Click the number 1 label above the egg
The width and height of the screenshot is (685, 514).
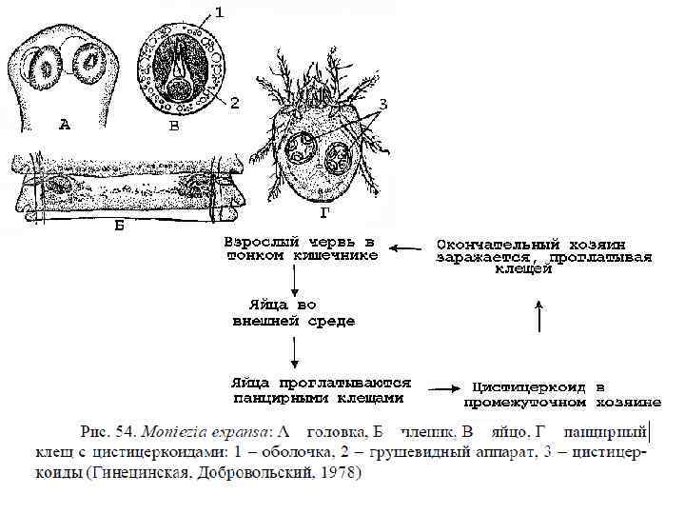220,12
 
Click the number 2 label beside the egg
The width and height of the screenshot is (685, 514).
235,100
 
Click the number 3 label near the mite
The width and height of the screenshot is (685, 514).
382,103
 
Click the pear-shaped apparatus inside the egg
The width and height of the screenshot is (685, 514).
184,71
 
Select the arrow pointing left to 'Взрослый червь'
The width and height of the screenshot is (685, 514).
406,249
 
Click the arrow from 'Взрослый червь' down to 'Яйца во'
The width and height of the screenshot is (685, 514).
296,280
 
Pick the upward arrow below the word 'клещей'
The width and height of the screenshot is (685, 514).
539,315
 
